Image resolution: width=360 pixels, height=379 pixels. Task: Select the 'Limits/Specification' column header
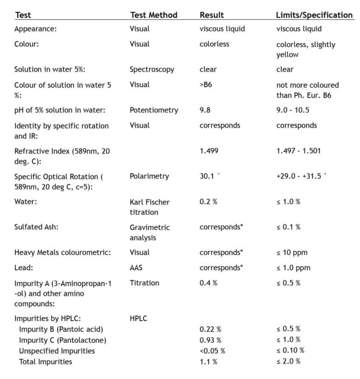(x=314, y=15)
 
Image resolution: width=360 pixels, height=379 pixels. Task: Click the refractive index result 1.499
(x=209, y=151)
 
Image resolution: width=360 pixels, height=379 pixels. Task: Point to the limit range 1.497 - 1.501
(x=299, y=151)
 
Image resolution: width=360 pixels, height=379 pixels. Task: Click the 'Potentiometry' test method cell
(x=154, y=110)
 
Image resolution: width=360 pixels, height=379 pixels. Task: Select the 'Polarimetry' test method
(x=149, y=176)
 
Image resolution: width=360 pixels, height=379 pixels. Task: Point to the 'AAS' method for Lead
(x=137, y=268)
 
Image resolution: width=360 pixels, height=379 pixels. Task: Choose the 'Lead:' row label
(x=23, y=268)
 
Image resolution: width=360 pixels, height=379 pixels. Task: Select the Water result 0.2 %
(x=209, y=202)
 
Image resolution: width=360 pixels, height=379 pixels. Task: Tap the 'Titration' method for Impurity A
(x=144, y=283)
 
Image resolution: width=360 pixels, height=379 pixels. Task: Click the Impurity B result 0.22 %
(x=211, y=329)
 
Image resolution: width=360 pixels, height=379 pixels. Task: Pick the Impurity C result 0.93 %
(x=211, y=340)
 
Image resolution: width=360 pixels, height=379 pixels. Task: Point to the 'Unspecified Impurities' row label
(x=57, y=350)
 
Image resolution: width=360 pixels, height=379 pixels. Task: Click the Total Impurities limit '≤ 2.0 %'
(x=288, y=361)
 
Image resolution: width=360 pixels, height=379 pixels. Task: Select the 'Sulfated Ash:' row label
(x=36, y=227)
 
